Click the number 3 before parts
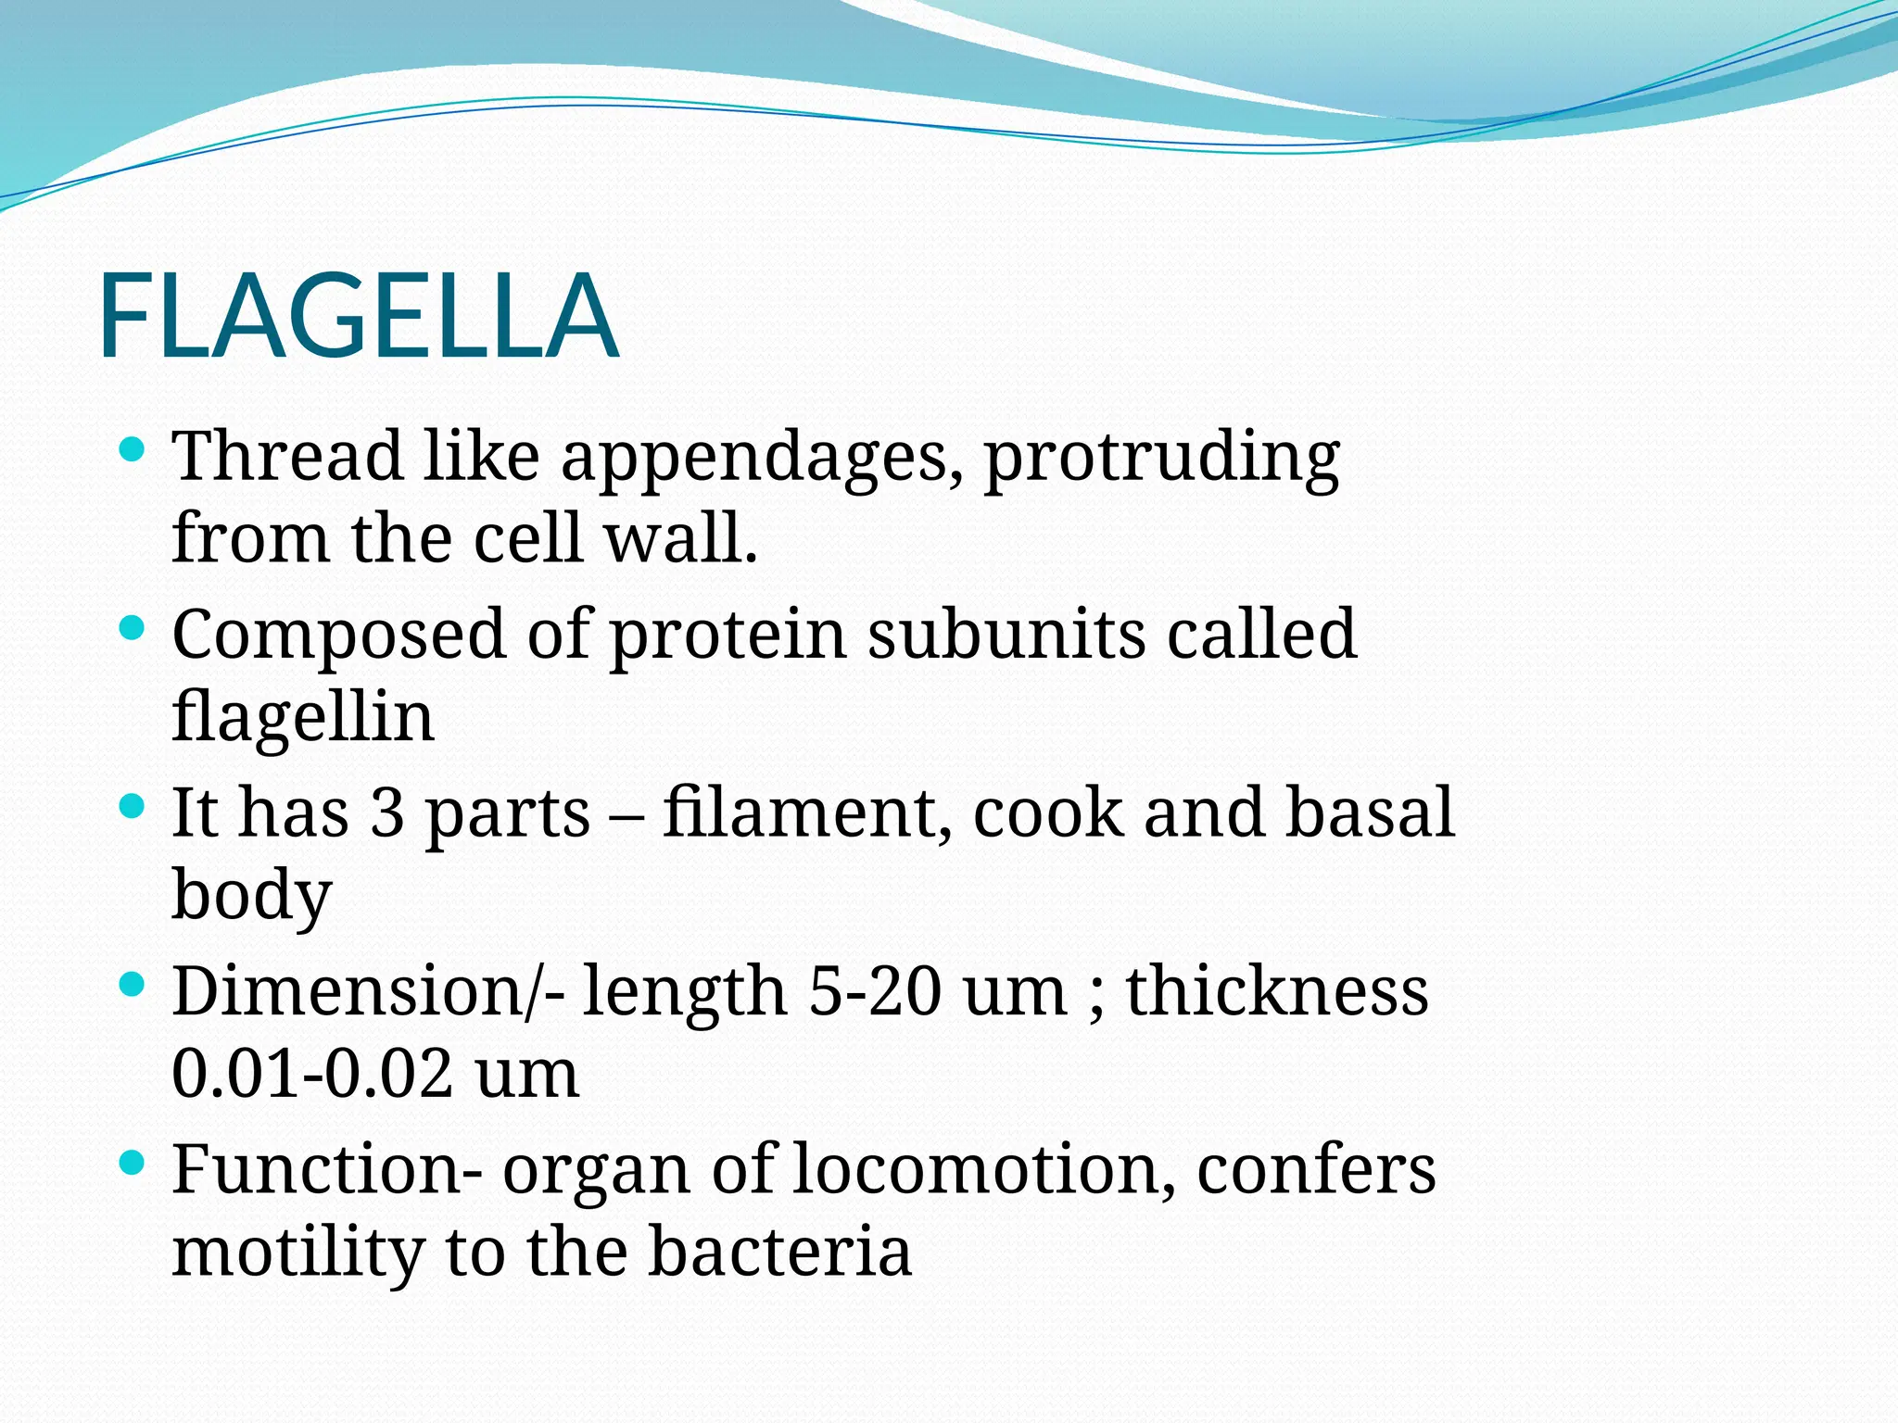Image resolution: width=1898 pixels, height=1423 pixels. [x=386, y=812]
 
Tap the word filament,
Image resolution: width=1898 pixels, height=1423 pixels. [x=806, y=812]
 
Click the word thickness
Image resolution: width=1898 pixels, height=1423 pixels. [x=1277, y=990]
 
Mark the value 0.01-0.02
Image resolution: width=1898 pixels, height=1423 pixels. [x=312, y=1073]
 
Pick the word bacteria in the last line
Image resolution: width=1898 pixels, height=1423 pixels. [x=779, y=1251]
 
